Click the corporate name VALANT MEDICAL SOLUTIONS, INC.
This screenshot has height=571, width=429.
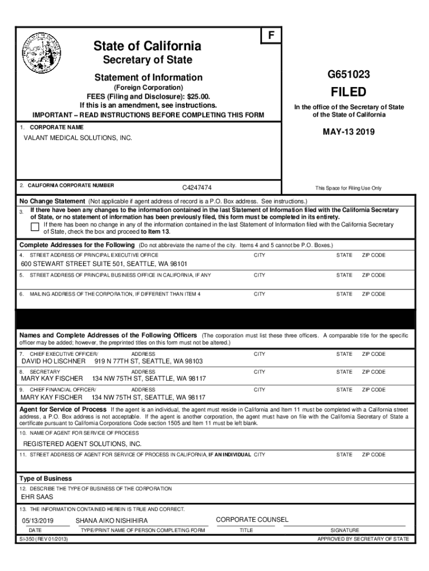coord(77,137)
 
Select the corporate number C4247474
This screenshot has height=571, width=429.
coord(197,188)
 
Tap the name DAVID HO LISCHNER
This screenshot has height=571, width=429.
coord(53,361)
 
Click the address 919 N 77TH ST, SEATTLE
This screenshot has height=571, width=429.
coord(152,361)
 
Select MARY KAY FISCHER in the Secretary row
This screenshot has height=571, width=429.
coord(52,379)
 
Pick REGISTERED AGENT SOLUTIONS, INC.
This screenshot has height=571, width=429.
coord(82,444)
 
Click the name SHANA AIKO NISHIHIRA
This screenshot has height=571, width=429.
coord(112,521)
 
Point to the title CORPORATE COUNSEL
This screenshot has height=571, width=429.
coord(252,520)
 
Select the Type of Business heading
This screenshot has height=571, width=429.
coord(46,478)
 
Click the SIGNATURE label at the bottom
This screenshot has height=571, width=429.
coord(345,530)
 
